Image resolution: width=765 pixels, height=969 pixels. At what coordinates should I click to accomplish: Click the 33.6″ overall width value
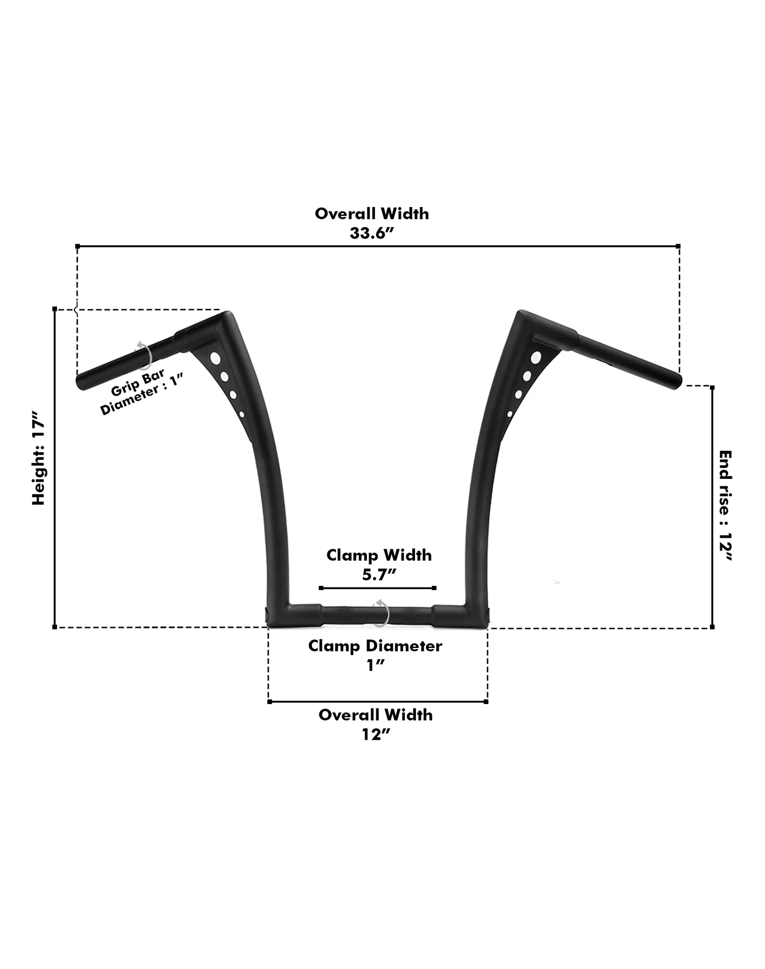[x=371, y=233]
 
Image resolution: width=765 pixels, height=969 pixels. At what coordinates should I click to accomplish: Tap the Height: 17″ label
[x=39, y=458]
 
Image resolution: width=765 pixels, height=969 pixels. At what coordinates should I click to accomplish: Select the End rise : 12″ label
[x=725, y=506]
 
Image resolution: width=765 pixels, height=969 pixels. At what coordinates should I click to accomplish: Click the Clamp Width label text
[x=379, y=555]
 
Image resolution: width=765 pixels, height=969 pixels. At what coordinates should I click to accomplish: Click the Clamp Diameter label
[x=375, y=646]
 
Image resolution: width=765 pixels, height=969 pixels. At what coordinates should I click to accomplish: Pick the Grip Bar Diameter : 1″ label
[x=140, y=391]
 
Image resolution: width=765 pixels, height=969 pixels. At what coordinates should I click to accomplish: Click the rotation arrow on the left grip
[x=143, y=355]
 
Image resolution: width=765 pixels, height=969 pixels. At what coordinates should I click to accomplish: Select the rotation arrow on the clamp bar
[x=381, y=613]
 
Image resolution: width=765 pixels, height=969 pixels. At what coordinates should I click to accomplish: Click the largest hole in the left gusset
[x=215, y=359]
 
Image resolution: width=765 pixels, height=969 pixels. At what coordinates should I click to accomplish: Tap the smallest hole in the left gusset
[x=242, y=414]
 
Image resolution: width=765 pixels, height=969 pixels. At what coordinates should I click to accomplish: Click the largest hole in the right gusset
[x=535, y=358]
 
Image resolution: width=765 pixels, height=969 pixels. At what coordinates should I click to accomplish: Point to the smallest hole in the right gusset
[x=510, y=414]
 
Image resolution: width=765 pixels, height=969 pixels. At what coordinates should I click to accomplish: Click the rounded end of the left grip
[x=81, y=382]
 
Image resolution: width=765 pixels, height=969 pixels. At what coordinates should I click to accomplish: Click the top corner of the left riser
[x=227, y=316]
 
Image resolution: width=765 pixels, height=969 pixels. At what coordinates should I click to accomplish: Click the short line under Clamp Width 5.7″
[x=378, y=588]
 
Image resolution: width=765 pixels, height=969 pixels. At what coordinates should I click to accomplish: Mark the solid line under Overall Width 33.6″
[x=377, y=246]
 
